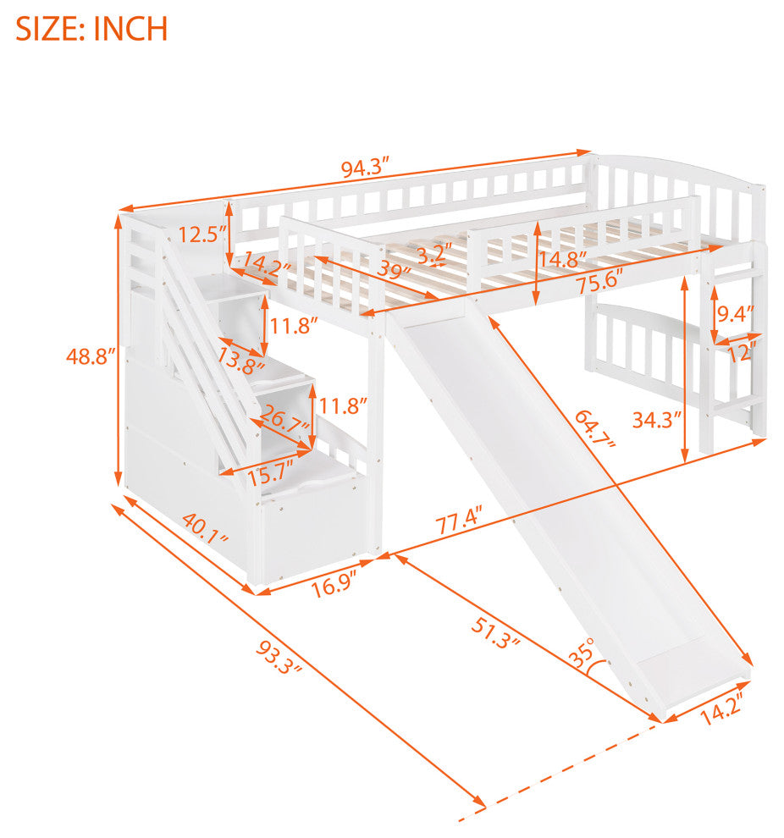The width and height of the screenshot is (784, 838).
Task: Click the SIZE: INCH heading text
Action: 91,29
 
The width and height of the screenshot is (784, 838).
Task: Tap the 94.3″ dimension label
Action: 367,168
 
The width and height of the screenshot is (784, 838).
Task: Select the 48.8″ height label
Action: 91,356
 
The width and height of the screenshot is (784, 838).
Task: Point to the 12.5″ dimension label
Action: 202,234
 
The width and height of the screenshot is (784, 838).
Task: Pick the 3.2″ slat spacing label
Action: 434,253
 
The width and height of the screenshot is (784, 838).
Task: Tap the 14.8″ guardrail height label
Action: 562,259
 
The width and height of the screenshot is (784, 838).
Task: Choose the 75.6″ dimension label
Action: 600,280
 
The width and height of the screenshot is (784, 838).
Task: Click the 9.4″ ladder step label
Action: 736,314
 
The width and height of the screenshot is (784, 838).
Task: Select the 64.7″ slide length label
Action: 596,428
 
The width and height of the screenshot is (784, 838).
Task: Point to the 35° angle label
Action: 582,652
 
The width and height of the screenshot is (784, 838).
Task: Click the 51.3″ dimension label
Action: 495,633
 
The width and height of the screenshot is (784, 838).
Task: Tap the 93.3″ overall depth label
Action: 279,658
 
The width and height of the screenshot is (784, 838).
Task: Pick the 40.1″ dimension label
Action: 205,528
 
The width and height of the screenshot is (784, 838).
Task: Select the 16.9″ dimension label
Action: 334,586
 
